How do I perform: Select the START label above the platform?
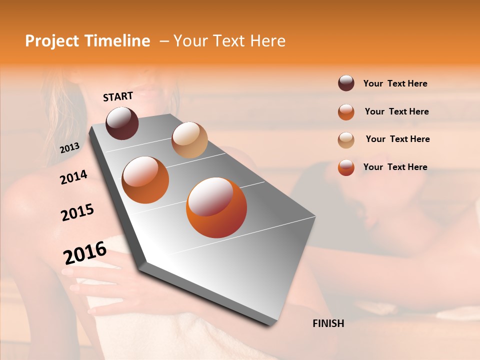(118, 96)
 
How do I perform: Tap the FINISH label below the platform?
(328, 323)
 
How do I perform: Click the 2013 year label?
(69, 147)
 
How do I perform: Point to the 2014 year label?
(73, 177)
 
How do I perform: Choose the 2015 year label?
(77, 212)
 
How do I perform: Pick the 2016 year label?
(85, 252)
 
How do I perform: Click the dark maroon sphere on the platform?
(122, 123)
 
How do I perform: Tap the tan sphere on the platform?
(189, 140)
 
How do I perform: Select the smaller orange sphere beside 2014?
(145, 180)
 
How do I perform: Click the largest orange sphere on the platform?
(216, 207)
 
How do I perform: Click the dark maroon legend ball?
(346, 83)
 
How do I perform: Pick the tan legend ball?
(346, 139)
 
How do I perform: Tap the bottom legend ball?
(346, 167)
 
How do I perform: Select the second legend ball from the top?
(346, 112)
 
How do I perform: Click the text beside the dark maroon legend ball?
(395, 83)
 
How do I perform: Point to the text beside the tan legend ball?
(397, 139)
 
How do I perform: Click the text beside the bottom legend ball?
(395, 167)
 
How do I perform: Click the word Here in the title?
(267, 41)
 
